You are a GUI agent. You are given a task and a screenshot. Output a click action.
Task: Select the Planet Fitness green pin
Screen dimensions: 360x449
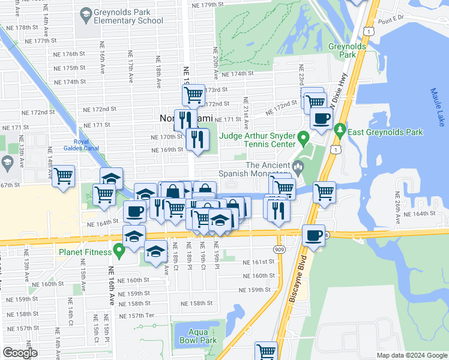tap(119, 252)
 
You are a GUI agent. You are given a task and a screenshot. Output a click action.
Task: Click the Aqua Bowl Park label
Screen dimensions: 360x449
tap(197, 336)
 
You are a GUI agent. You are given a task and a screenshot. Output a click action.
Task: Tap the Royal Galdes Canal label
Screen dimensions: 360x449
tap(76, 146)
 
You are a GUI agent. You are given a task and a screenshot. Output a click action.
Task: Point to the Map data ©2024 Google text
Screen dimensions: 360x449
tap(411, 355)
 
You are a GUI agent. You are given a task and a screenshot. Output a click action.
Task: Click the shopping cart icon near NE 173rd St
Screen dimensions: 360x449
tap(193, 95)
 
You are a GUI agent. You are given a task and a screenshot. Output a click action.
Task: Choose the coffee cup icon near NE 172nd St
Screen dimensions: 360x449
tap(321, 118)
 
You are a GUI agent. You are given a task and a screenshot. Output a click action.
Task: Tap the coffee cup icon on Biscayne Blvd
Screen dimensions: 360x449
tap(313, 235)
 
